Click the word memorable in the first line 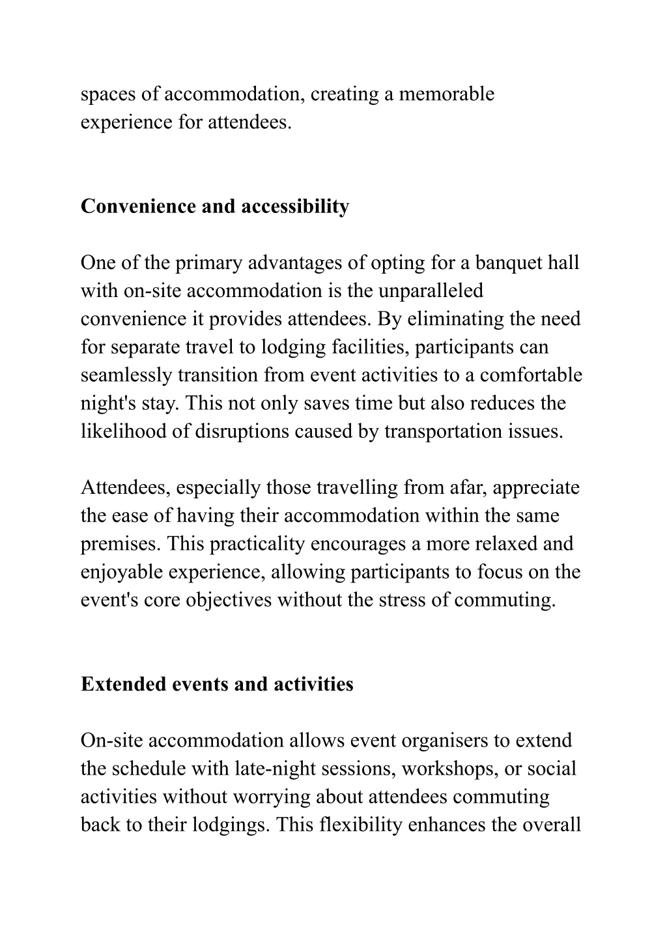click(447, 94)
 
